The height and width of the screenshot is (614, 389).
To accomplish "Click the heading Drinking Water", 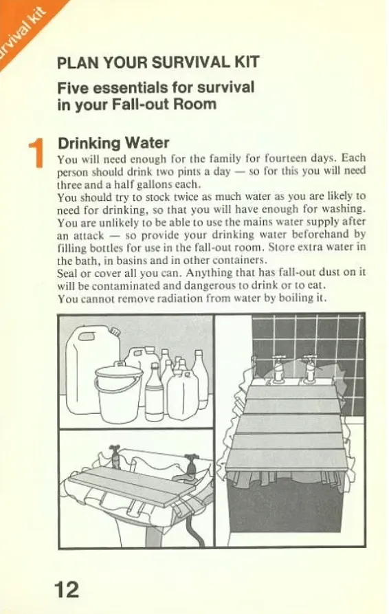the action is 113,143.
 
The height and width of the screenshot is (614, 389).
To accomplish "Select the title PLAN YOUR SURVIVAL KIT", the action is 158,63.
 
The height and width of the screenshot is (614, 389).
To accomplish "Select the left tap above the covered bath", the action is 279,367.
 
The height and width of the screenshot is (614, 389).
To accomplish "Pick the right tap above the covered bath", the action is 311,368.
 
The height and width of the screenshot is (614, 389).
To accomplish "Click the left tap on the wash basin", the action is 116,455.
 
